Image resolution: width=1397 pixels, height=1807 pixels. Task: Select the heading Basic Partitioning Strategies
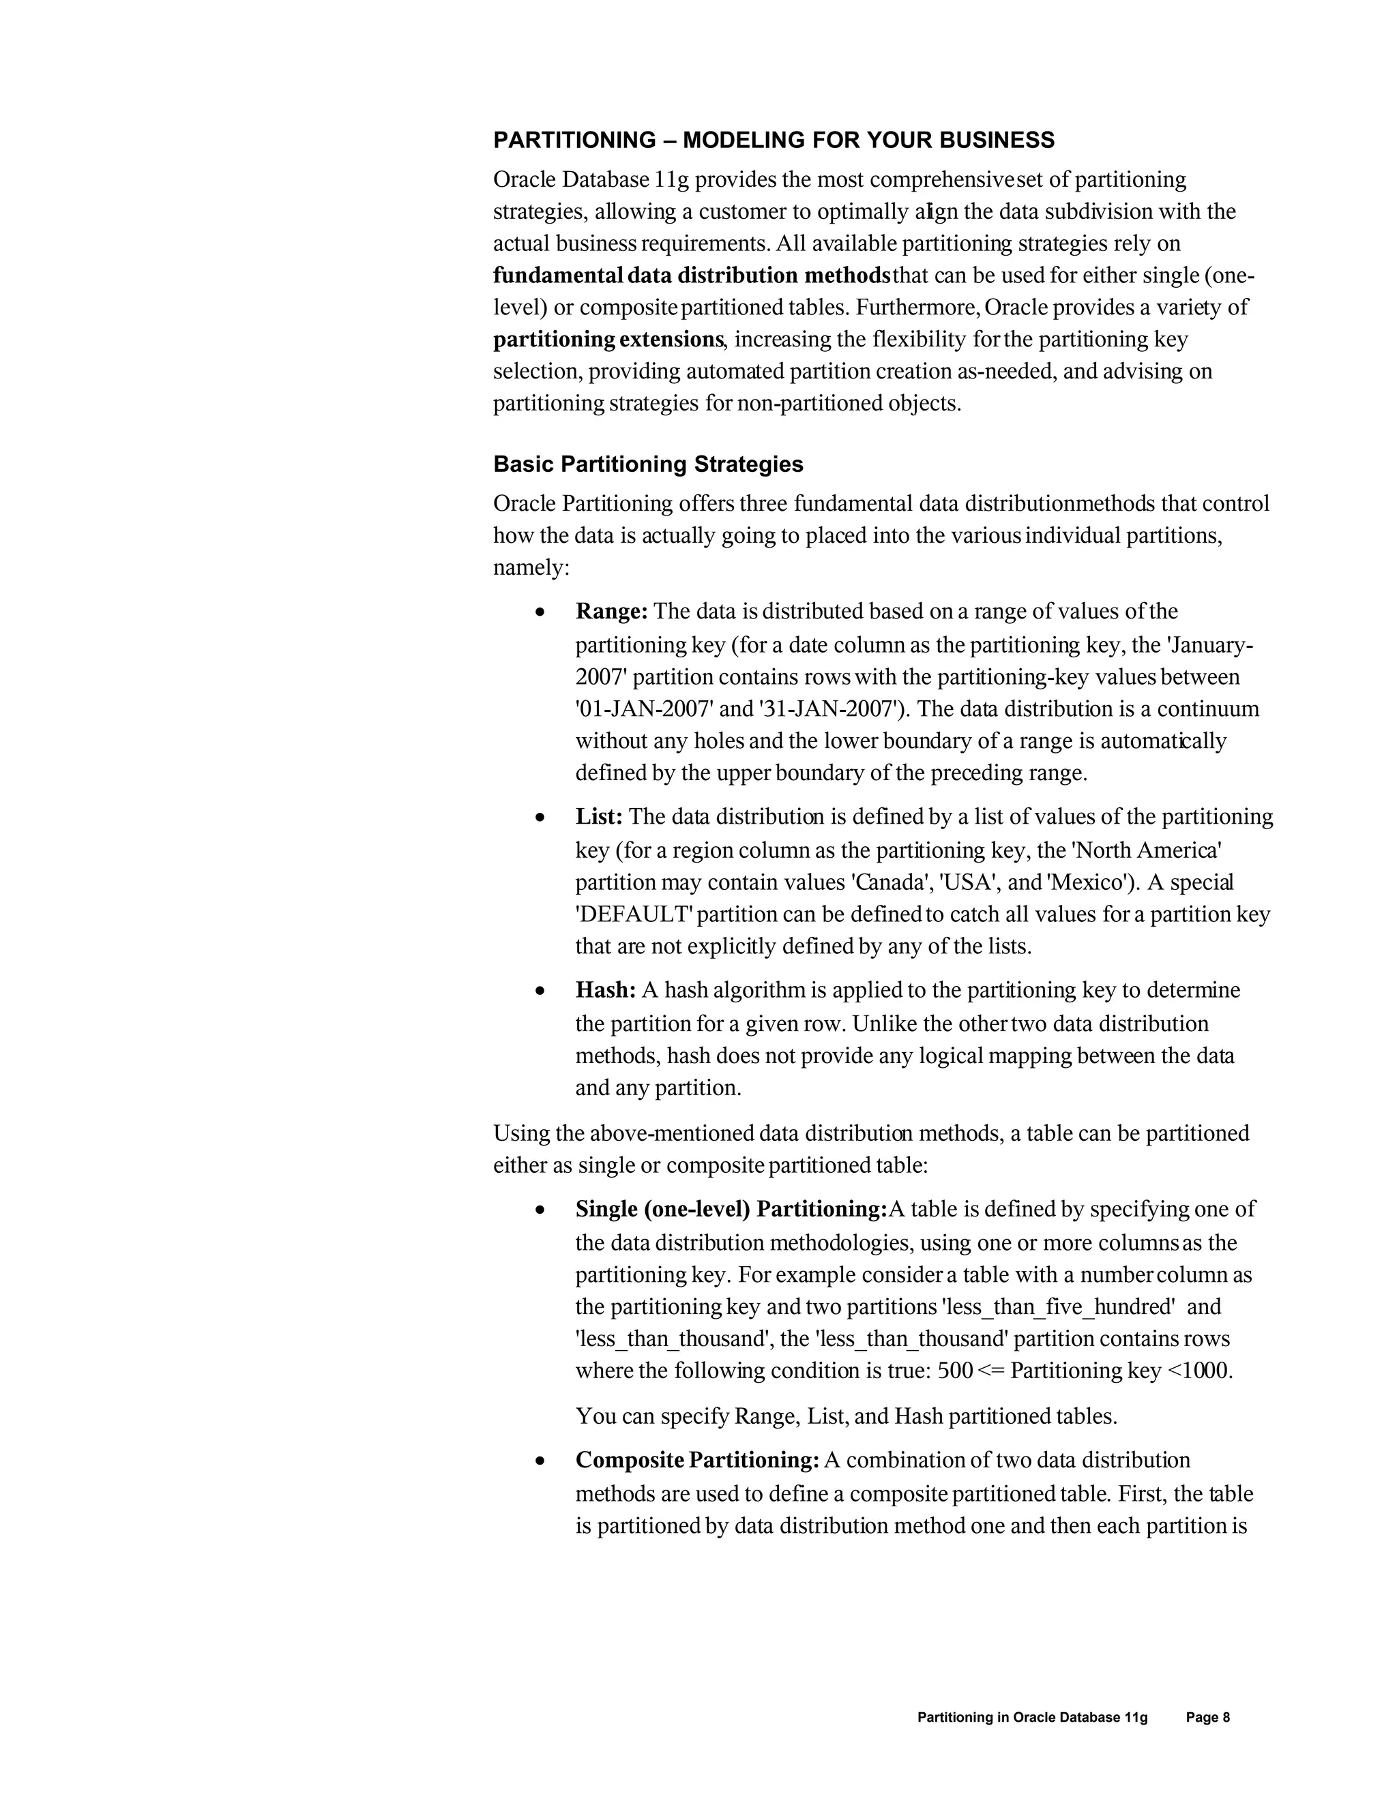[648, 464]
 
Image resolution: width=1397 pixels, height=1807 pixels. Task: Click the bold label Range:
[612, 612]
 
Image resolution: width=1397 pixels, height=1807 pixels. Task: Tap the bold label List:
[599, 817]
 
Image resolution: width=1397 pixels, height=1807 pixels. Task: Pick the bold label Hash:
[606, 989]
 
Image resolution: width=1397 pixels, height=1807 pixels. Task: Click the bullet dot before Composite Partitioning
[540, 1462]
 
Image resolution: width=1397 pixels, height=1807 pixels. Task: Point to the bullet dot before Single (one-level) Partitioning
[540, 1210]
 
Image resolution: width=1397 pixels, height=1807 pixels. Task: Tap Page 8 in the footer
[1207, 1718]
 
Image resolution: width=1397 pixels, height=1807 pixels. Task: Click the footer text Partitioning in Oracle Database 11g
[1032, 1718]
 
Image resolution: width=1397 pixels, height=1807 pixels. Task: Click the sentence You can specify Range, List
[846, 1416]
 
